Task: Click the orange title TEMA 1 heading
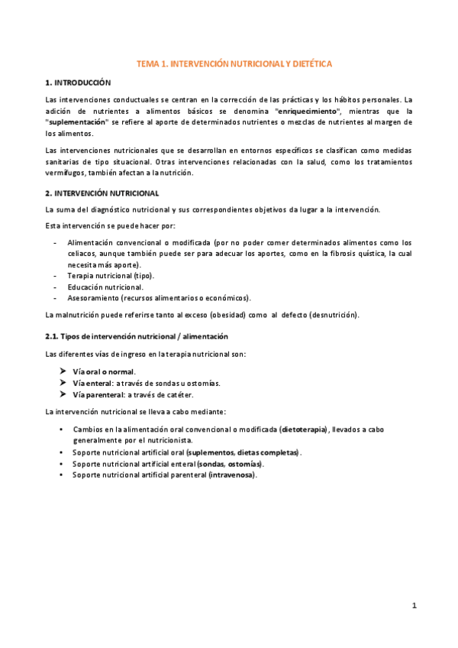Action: click(234, 65)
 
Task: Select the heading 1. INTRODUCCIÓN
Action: click(78, 83)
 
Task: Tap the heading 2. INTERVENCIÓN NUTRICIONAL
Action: click(102, 193)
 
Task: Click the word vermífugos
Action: click(65, 173)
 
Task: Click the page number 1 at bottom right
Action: click(414, 606)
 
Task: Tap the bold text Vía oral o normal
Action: click(104, 371)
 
